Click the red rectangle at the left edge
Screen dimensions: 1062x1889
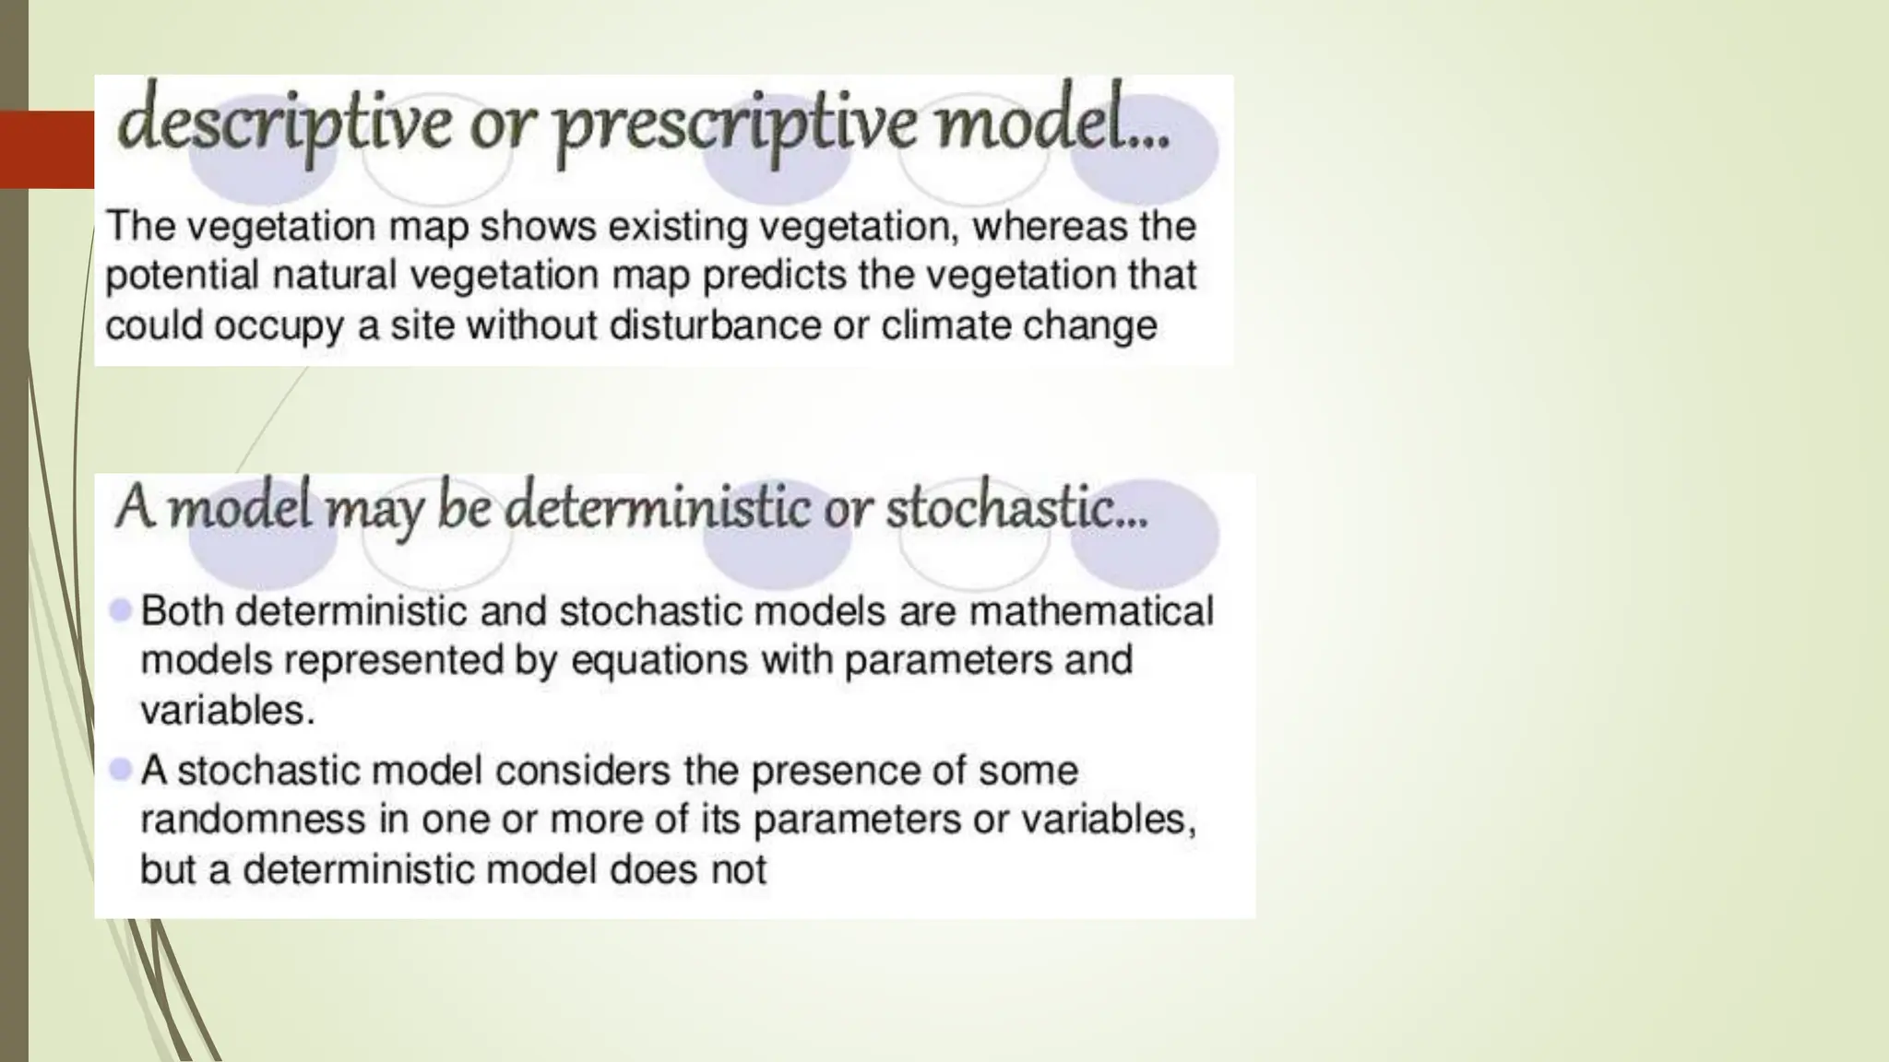tap(46, 148)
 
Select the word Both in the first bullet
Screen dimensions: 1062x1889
tap(186, 611)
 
